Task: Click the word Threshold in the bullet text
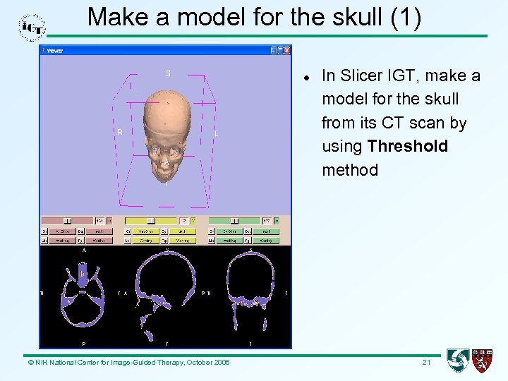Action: click(x=407, y=147)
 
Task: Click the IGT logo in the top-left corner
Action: click(x=32, y=26)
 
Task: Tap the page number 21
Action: click(x=426, y=362)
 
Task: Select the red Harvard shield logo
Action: click(x=482, y=361)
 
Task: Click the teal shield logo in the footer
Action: click(x=458, y=361)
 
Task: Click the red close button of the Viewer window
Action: click(x=287, y=50)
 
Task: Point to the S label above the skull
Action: click(x=168, y=73)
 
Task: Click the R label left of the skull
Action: click(x=120, y=132)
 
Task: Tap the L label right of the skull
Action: click(x=216, y=133)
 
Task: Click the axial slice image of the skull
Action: click(x=83, y=294)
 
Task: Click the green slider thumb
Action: click(x=235, y=221)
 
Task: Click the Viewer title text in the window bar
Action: click(x=55, y=51)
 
